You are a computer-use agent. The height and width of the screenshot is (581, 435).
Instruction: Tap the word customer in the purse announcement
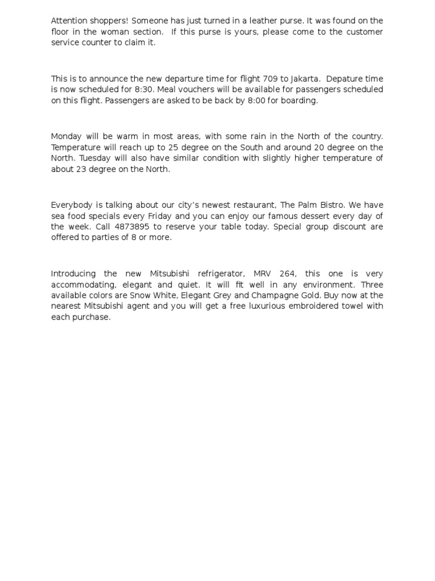[362, 32]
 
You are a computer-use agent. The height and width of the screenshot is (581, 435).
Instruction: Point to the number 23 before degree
[82, 169]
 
